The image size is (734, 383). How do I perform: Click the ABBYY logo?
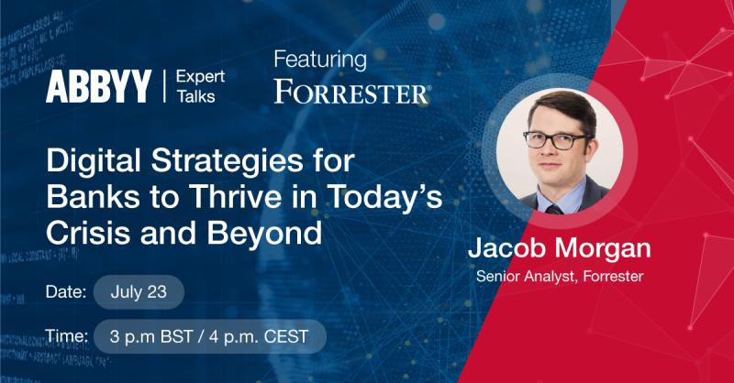[x=98, y=86]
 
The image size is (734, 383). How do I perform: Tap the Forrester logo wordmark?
[x=351, y=92]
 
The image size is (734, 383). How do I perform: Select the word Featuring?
[x=320, y=60]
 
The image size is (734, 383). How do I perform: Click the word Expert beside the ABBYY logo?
[x=200, y=77]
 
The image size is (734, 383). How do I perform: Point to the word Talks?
[x=195, y=96]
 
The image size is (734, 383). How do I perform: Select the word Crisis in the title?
[x=89, y=232]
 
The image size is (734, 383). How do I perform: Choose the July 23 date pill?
[x=139, y=291]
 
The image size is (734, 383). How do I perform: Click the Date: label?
[x=66, y=291]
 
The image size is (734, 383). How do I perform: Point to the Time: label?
[x=67, y=335]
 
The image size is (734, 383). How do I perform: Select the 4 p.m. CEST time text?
[x=259, y=336]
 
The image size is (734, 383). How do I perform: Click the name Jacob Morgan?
[x=560, y=248]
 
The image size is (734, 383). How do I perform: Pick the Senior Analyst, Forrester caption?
[x=560, y=277]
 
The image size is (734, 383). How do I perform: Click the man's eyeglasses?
[x=556, y=140]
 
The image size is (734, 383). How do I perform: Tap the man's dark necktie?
[x=554, y=209]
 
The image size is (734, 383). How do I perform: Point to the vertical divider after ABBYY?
[x=164, y=86]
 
